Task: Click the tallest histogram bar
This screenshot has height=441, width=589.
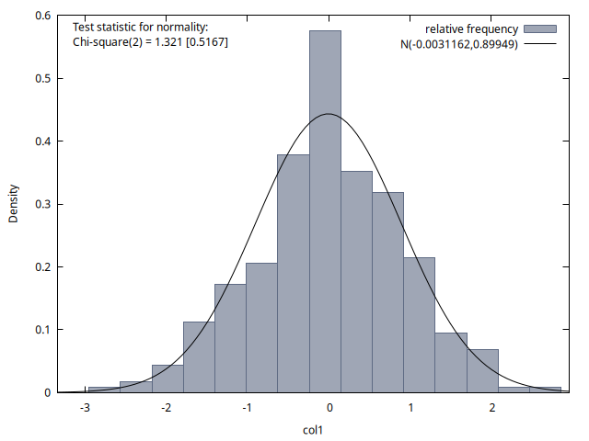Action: point(325,211)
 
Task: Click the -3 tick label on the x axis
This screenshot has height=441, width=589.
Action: point(85,408)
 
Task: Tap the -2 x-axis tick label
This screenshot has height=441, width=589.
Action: point(166,408)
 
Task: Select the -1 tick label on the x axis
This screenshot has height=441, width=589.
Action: point(247,408)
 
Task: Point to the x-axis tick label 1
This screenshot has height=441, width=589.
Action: point(410,408)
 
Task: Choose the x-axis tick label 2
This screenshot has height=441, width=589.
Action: point(492,408)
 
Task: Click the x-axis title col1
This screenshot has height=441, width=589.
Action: point(315,428)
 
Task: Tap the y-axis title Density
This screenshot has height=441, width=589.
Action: point(14,204)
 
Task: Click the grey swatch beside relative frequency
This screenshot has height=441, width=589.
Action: point(541,29)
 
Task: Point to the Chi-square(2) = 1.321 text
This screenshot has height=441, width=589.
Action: point(150,42)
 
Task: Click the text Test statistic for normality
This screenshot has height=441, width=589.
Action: point(140,27)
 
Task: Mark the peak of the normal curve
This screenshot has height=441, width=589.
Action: point(329,114)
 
